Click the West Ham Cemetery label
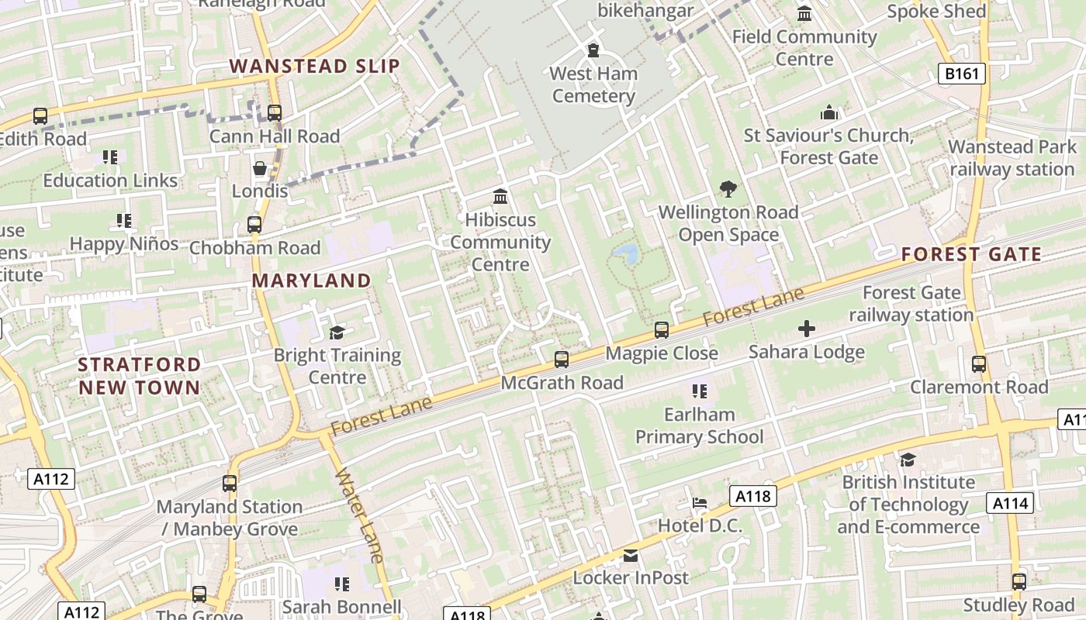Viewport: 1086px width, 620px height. [x=593, y=85]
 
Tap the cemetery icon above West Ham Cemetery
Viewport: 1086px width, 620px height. [x=593, y=50]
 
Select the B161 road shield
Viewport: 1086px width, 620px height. [x=962, y=74]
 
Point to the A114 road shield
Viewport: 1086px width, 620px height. [x=1011, y=504]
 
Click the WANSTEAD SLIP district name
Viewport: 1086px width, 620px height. [x=315, y=66]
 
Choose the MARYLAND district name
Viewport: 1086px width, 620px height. [x=312, y=281]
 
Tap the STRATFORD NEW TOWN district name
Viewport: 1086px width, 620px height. [x=140, y=376]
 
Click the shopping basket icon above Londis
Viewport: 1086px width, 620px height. [x=260, y=168]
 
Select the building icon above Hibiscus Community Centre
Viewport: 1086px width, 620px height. [x=500, y=197]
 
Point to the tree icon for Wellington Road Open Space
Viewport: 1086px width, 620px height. [x=728, y=188]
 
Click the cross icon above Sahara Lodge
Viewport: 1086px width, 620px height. [x=807, y=329]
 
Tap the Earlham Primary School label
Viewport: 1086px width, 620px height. [x=700, y=426]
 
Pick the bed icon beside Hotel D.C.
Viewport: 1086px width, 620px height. [x=700, y=503]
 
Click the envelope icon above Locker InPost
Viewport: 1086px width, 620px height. [x=631, y=555]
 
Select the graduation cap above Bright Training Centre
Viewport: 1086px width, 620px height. [x=337, y=332]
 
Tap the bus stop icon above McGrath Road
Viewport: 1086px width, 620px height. [x=562, y=360]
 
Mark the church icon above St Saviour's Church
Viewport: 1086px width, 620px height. [x=829, y=113]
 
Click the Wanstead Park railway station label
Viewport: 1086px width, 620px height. [x=1012, y=158]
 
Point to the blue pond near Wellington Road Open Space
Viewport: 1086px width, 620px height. [x=626, y=253]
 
